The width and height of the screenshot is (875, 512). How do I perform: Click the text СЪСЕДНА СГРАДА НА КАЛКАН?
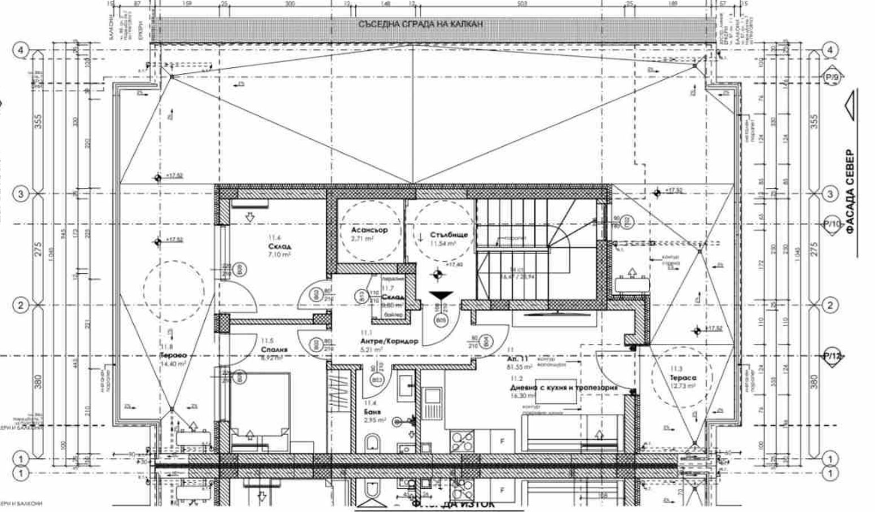click(x=420, y=24)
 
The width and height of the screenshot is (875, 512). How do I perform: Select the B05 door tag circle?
click(x=441, y=321)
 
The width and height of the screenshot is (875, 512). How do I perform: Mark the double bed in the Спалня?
click(x=260, y=412)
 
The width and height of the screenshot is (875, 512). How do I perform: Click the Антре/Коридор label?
click(x=389, y=342)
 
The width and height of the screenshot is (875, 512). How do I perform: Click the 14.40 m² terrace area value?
click(x=170, y=365)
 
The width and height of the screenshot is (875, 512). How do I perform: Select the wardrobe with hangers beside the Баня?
click(x=342, y=390)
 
